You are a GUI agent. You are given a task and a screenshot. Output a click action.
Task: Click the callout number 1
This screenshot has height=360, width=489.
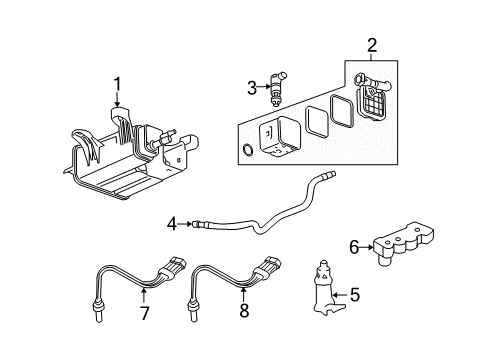coord(117,84)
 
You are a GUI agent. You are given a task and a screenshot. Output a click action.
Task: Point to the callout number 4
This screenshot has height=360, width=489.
coord(171,223)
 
